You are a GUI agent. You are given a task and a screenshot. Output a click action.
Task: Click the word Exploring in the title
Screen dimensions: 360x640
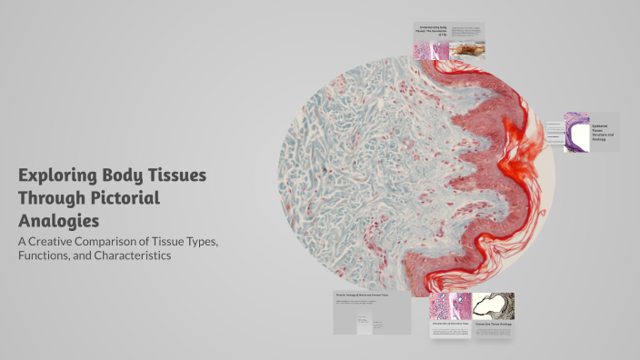[x=64, y=175]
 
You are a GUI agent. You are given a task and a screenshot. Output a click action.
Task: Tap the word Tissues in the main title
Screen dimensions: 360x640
[x=175, y=175]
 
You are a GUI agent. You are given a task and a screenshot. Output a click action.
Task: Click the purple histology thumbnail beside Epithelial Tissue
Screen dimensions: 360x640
[x=576, y=131]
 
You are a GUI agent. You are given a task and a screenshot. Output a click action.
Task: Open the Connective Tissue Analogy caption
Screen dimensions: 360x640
[x=492, y=323]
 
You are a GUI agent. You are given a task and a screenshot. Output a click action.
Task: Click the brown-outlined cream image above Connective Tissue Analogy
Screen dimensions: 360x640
[x=493, y=305]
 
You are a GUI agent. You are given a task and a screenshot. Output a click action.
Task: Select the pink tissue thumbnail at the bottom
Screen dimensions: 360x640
[x=450, y=306]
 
